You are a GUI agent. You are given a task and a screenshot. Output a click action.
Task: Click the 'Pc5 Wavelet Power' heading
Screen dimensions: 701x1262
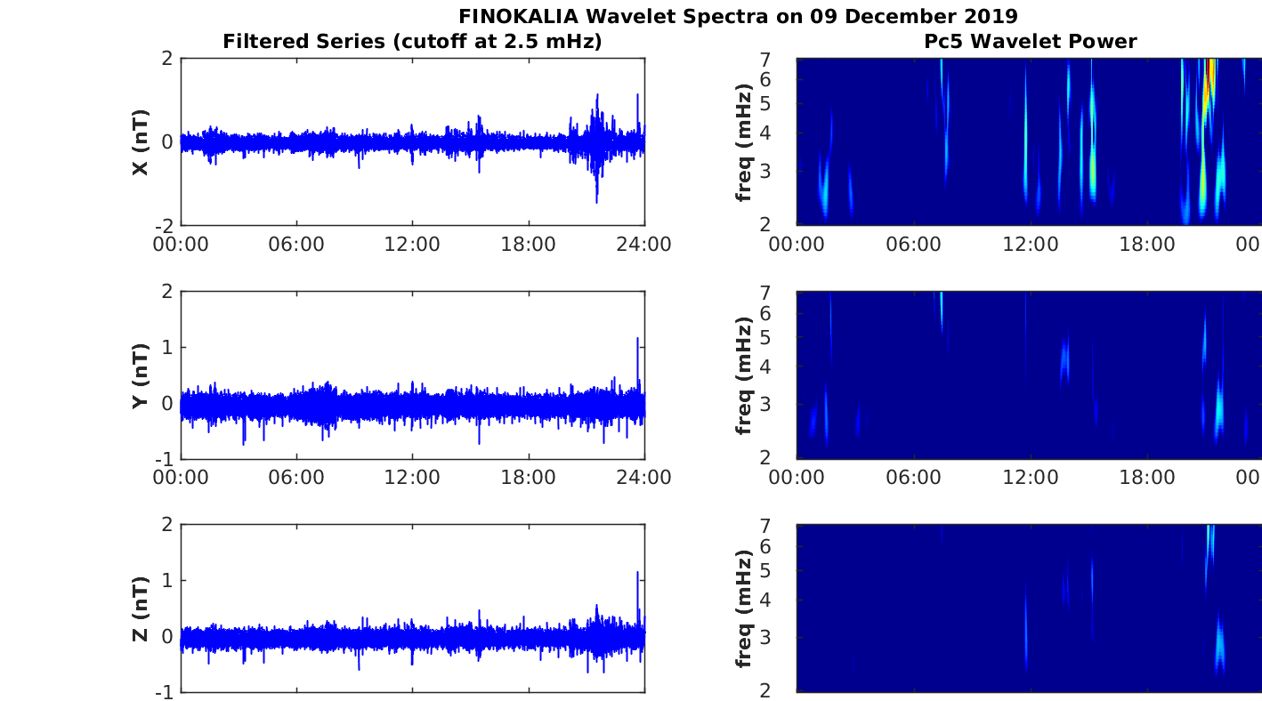(x=1029, y=41)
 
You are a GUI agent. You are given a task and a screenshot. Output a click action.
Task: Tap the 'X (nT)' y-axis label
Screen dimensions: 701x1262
(x=140, y=142)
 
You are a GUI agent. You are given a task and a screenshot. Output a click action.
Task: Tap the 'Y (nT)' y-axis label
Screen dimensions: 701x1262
(x=140, y=375)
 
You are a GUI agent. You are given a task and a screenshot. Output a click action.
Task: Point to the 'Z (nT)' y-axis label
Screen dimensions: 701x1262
(x=140, y=608)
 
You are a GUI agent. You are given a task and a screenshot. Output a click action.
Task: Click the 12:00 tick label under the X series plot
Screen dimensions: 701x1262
(x=412, y=245)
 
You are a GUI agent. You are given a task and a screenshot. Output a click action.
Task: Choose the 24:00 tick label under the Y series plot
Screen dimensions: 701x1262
(x=643, y=478)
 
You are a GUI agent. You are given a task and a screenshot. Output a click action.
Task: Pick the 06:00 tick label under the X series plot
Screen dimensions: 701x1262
(x=296, y=245)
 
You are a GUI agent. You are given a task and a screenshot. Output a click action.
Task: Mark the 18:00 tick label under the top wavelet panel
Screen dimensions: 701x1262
(x=1146, y=245)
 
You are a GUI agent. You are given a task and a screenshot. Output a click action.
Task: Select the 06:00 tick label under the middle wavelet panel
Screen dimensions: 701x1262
(x=914, y=478)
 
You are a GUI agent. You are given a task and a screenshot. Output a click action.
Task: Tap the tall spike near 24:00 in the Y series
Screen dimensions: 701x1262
(x=637, y=341)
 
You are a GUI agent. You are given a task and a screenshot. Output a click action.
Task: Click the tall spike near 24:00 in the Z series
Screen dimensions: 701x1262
(x=637, y=575)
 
